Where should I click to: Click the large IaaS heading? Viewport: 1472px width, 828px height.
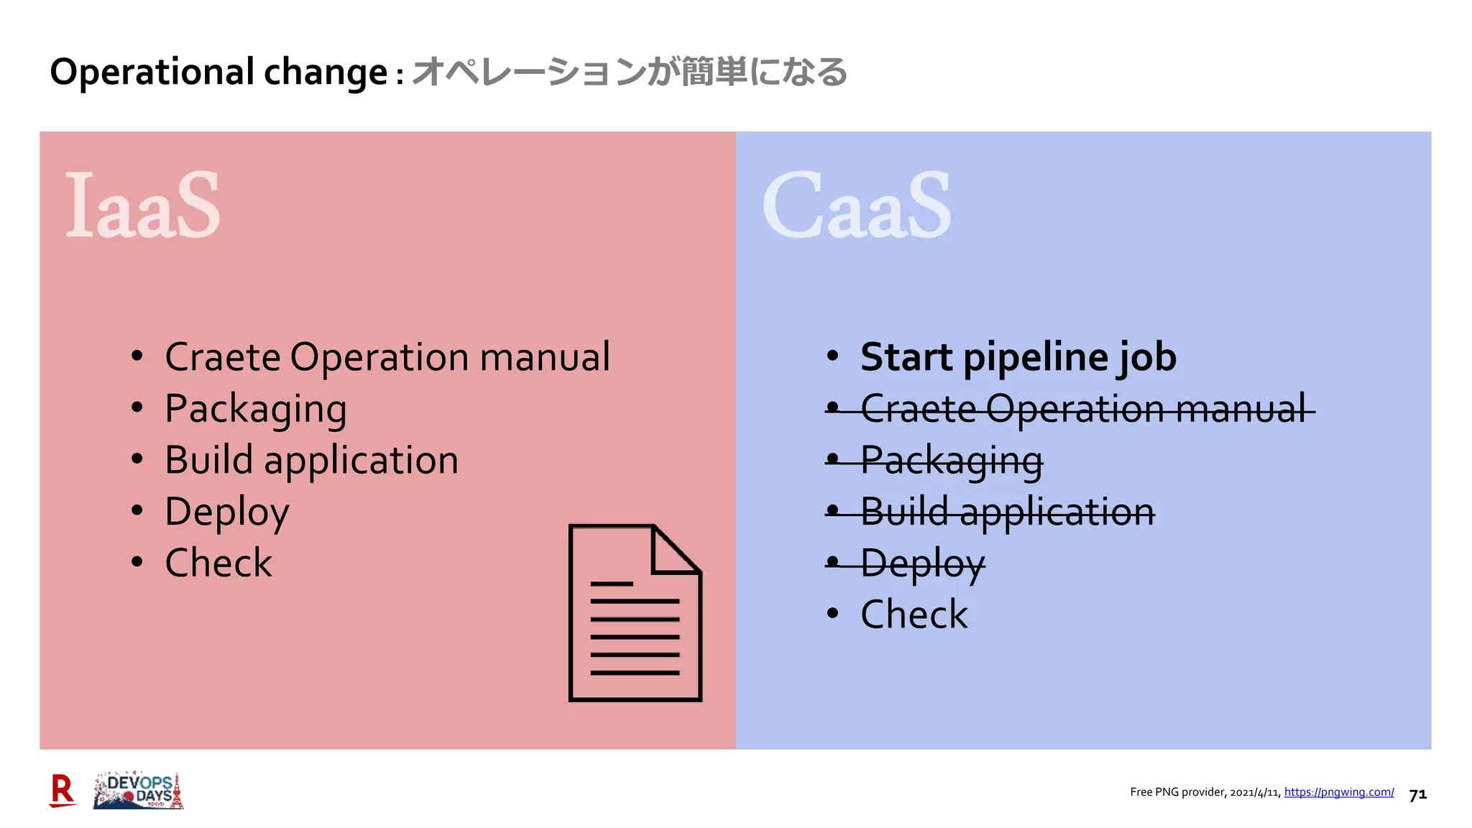143,206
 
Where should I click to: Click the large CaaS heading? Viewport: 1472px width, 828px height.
856,206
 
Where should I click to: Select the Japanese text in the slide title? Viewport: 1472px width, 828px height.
630,72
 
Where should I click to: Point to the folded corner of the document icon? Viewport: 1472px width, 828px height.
676,549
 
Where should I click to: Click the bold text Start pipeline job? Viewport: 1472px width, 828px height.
1018,357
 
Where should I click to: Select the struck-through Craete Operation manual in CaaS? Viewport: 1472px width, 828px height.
1082,409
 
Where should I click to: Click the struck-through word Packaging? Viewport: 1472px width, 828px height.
951,461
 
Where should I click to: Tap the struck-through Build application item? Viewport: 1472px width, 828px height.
1007,512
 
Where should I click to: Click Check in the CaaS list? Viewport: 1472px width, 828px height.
914,615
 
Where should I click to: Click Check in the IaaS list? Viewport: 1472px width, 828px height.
218,563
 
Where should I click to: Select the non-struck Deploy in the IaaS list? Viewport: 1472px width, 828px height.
226,512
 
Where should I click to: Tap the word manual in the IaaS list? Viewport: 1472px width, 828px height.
544,357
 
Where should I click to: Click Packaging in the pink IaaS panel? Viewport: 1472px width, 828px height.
255,409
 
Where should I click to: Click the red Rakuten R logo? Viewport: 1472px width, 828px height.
63,791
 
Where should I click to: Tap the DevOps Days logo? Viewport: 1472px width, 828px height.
139,791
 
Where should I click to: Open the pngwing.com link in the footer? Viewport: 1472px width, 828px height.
1338,792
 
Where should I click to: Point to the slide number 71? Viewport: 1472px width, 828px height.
1417,795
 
